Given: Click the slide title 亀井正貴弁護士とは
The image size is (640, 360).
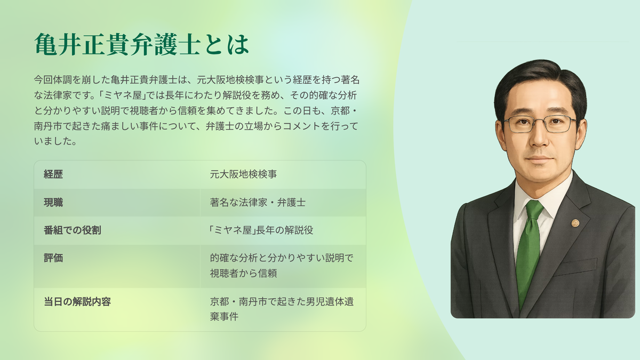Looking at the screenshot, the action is pyautogui.click(x=142, y=44).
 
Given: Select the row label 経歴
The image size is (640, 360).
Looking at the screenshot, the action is pyautogui.click(x=53, y=174).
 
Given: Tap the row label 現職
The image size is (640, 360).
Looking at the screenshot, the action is pyautogui.click(x=53, y=203).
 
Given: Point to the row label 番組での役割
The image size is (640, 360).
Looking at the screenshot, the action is pyautogui.click(x=73, y=230).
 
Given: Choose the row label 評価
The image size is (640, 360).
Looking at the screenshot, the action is pyautogui.click(x=53, y=258).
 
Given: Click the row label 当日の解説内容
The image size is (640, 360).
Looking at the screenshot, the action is pyautogui.click(x=77, y=302).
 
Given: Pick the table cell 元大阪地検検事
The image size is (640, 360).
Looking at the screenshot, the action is pyautogui.click(x=243, y=174).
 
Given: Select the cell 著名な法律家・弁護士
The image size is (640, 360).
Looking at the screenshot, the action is pyautogui.click(x=258, y=203).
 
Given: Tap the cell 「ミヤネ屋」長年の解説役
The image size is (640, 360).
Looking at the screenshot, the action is pyautogui.click(x=261, y=230).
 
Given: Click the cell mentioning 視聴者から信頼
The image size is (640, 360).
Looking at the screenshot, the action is pyautogui.click(x=282, y=266).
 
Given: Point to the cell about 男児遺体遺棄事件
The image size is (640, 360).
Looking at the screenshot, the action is pyautogui.click(x=282, y=309).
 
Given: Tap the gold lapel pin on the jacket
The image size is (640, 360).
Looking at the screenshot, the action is pyautogui.click(x=575, y=223).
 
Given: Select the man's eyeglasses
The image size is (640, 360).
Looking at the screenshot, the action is pyautogui.click(x=540, y=124).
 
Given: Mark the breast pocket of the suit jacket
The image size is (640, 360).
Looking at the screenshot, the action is pyautogui.click(x=575, y=267).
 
